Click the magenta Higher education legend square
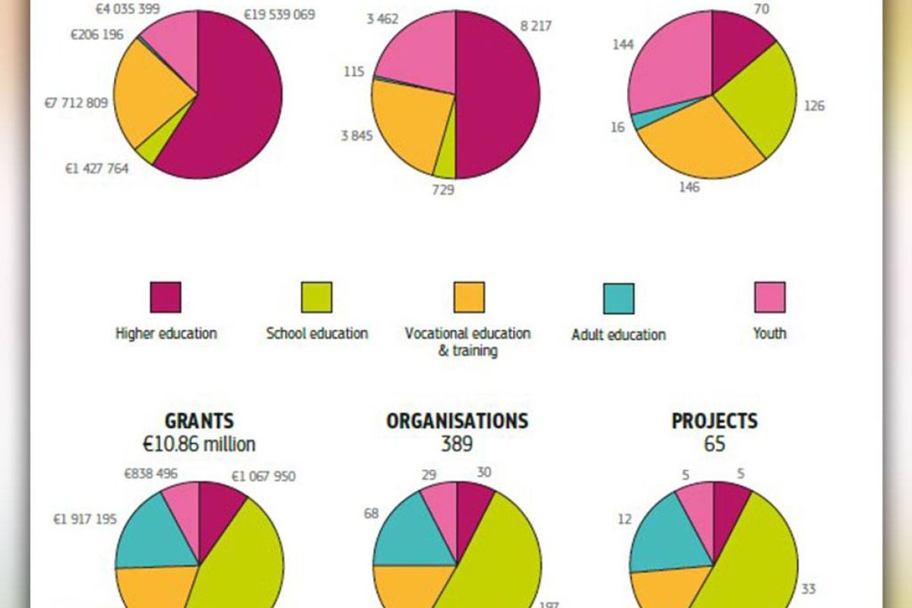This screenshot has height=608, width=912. tap(166, 297)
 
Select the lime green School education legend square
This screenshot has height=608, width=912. tap(317, 297)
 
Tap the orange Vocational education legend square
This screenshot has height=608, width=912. tap(468, 297)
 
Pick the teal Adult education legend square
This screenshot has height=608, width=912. tap(619, 298)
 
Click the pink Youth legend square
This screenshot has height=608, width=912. tap(770, 297)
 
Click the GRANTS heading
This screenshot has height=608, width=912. tap(199, 421)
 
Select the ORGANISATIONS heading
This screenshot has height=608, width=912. tap(457, 421)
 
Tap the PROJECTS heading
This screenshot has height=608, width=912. tap(714, 421)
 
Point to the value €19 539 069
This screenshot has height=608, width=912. tap(280, 14)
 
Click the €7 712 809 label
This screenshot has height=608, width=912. tap(76, 103)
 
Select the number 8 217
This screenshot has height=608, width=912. tap(536, 26)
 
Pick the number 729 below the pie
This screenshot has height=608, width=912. tap(442, 190)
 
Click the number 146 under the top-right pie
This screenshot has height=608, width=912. tap(689, 187)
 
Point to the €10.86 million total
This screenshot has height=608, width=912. tap(199, 444)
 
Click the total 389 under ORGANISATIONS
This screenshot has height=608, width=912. tap(457, 444)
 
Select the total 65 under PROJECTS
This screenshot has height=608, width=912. tap(714, 444)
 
